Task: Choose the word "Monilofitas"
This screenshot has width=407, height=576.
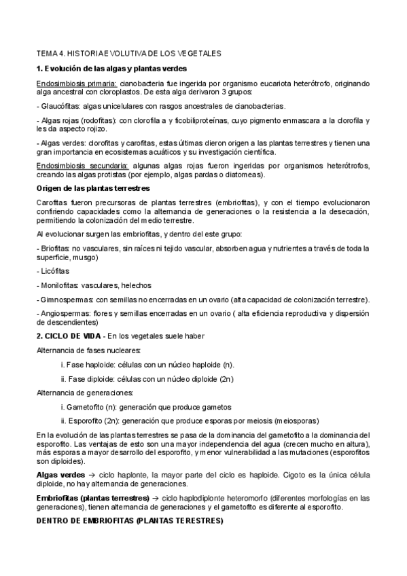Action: click(x=59, y=285)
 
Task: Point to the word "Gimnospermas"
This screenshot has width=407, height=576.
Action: click(x=66, y=300)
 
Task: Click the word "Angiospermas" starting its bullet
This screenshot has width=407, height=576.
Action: click(x=65, y=314)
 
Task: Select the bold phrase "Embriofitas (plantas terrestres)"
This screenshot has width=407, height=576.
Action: click(x=92, y=498)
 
